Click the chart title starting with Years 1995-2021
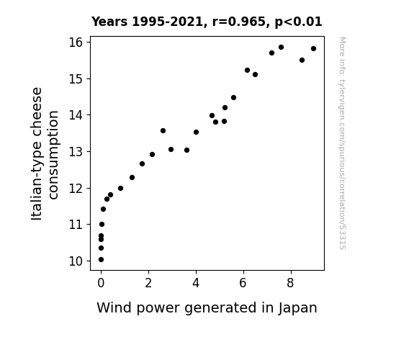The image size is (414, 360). [207, 22]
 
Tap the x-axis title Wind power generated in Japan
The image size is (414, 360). [207, 308]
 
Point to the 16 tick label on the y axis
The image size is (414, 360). [76, 42]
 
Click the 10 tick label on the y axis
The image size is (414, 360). [76, 261]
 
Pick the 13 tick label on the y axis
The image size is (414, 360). [76, 152]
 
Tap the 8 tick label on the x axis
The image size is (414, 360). [290, 283]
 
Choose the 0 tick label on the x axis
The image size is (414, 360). [101, 283]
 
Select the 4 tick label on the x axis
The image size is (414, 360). [196, 283]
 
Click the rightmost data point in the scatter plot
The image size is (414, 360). [313, 48]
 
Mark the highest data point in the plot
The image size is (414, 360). [281, 48]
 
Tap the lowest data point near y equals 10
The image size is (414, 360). [101, 260]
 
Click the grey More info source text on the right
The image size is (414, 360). [342, 143]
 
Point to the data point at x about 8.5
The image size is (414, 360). [302, 60]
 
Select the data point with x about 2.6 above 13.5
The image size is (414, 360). [163, 131]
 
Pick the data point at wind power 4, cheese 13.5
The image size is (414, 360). [196, 132]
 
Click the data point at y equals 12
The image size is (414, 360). [120, 189]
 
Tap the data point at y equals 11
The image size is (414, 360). [102, 224]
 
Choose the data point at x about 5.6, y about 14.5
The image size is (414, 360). [233, 98]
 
